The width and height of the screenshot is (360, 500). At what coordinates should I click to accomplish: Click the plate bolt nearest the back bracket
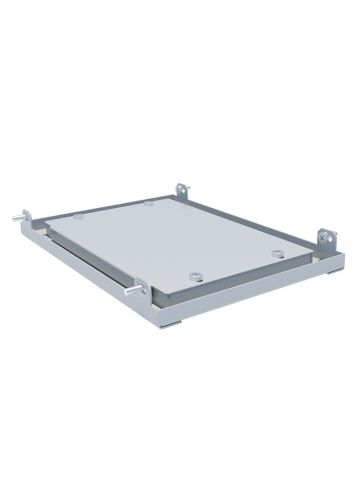coord(148,203)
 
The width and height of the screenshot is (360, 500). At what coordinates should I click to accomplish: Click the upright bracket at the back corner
coord(181,189)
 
